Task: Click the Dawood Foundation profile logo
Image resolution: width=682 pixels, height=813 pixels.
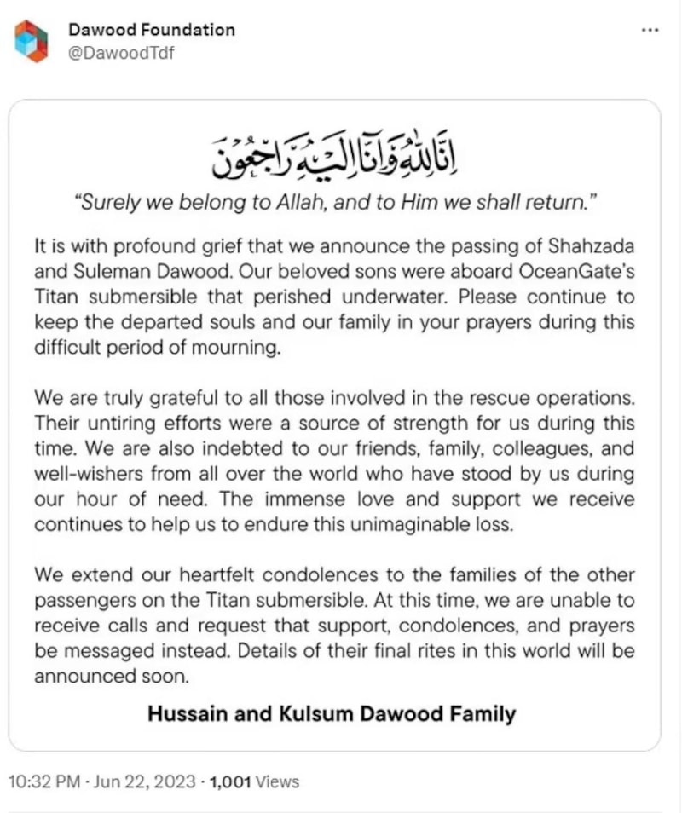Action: tap(32, 40)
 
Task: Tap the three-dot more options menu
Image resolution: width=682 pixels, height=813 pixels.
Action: tap(650, 30)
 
